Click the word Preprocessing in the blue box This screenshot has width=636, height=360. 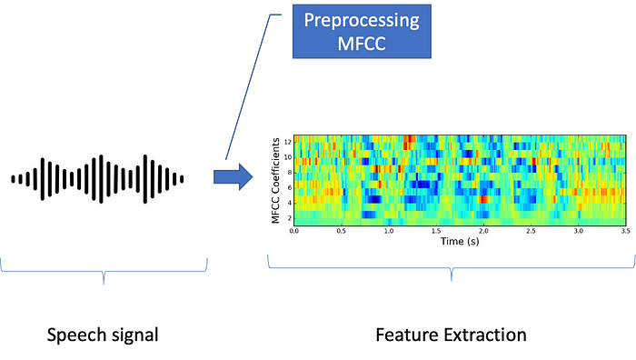pos(362,21)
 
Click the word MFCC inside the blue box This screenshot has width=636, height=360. pos(362,43)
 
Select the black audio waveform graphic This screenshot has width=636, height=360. pos(97,178)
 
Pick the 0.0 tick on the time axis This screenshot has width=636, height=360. pos(294,232)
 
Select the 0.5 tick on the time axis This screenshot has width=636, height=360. pos(342,232)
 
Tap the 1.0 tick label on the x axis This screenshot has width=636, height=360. pos(389,232)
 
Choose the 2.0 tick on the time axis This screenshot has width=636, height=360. pos(483,232)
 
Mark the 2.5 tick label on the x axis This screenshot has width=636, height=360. pos(531,232)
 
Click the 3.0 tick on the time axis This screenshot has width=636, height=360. pos(578,232)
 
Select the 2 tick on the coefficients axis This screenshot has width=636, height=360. pos(287,218)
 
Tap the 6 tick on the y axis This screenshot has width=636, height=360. pos(287,187)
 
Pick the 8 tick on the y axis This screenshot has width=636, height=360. pos(287,172)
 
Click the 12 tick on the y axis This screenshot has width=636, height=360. pos(286,141)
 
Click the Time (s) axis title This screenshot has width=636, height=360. pos(459,242)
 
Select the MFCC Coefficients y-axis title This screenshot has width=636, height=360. pos(274,178)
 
